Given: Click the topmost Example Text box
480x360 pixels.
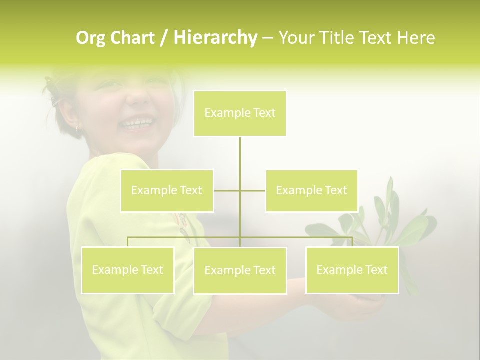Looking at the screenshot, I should pyautogui.click(x=240, y=113).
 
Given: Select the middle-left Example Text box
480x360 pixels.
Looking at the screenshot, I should pyautogui.click(x=167, y=191).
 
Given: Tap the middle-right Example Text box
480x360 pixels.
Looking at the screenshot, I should pyautogui.click(x=311, y=191).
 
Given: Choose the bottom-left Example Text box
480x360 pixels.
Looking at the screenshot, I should pyautogui.click(x=127, y=270).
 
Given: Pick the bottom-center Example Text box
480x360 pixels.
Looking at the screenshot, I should pyautogui.click(x=240, y=271).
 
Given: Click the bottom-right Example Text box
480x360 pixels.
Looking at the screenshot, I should pyautogui.click(x=352, y=270).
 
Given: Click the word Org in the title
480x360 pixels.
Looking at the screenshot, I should pyautogui.click(x=90, y=38).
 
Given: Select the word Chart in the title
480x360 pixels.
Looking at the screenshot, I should pyautogui.click(x=131, y=38).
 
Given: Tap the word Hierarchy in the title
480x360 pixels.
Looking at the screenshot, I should pyautogui.click(x=215, y=38).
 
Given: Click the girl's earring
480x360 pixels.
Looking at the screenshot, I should pyautogui.click(x=77, y=128).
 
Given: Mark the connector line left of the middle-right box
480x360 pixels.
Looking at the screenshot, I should pyautogui.click(x=253, y=191).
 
